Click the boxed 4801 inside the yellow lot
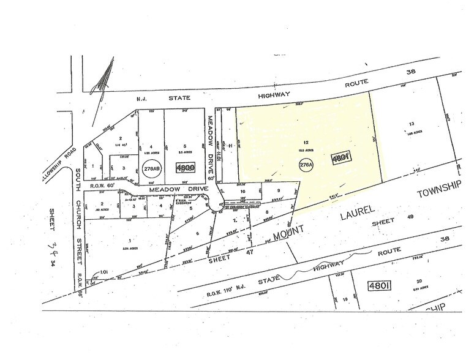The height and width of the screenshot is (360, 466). pos(340,159)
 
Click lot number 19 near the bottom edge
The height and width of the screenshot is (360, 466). pos(345,299)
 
